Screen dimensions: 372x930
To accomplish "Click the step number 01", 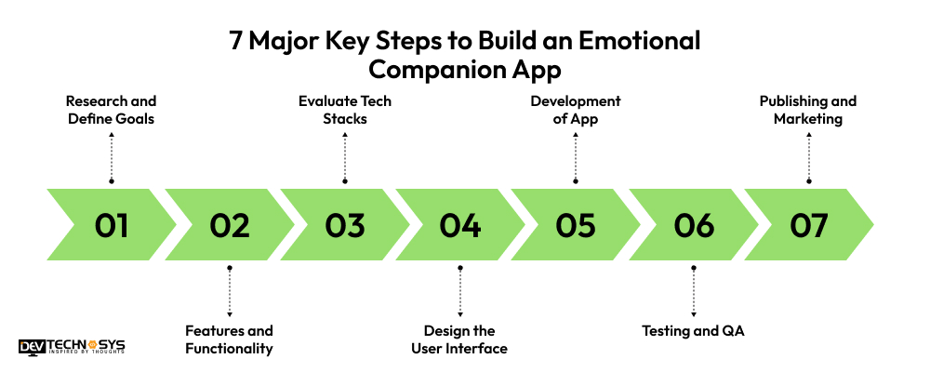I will (x=112, y=226).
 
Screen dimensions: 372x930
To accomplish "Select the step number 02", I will (x=229, y=226).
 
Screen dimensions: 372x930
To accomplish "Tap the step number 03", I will (x=345, y=226).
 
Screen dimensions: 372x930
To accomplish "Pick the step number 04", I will (x=460, y=226).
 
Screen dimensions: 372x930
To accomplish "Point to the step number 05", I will (x=576, y=226).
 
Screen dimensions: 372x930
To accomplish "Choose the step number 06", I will (x=693, y=226).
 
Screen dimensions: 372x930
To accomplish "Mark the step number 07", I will (x=808, y=226).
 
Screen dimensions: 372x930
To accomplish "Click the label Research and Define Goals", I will (x=111, y=110).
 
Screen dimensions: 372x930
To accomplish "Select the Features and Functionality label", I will (x=229, y=339).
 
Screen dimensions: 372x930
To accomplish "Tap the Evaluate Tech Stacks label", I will (x=345, y=110).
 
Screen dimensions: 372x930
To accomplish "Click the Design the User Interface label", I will (x=460, y=339).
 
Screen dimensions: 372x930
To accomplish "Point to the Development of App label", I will (x=576, y=110).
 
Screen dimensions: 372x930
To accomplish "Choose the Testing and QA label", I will (x=693, y=330).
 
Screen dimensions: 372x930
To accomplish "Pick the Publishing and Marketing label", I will (x=808, y=110).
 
